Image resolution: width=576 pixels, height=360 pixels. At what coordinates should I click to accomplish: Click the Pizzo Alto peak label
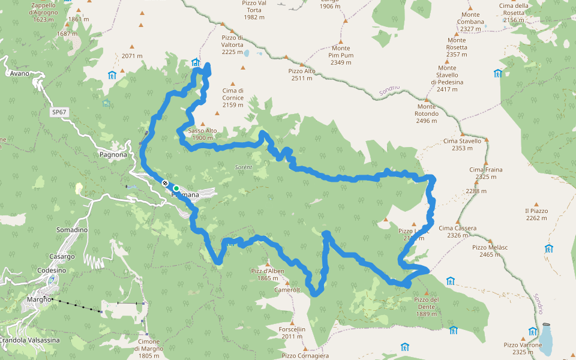302,74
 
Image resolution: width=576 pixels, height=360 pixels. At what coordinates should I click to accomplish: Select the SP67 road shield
58,112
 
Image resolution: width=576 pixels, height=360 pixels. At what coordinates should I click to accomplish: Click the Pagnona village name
113,155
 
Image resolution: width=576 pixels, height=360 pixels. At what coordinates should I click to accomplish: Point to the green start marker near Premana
176,188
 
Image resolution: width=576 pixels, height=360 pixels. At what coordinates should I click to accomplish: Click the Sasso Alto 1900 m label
202,134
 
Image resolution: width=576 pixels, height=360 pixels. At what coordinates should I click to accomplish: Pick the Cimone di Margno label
149,346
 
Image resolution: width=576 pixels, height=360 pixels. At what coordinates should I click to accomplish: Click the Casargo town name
63,256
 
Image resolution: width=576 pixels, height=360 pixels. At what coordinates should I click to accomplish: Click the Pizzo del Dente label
427,303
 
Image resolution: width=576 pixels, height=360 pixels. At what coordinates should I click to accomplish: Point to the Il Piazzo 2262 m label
536,214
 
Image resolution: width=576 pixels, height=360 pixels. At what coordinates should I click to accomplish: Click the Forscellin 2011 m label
292,333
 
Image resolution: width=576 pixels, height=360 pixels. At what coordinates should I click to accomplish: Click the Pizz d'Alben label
268,274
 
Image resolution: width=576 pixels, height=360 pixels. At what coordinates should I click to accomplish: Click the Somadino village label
71,230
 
